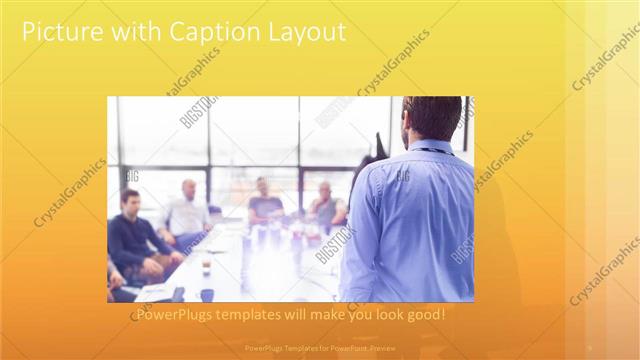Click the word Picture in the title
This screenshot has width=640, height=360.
tap(59, 32)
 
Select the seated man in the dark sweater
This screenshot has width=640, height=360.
tap(135, 235)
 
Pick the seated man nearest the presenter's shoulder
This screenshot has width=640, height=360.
tap(325, 205)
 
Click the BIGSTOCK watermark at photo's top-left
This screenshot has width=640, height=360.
tap(198, 111)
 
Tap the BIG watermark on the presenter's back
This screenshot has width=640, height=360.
tap(402, 177)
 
